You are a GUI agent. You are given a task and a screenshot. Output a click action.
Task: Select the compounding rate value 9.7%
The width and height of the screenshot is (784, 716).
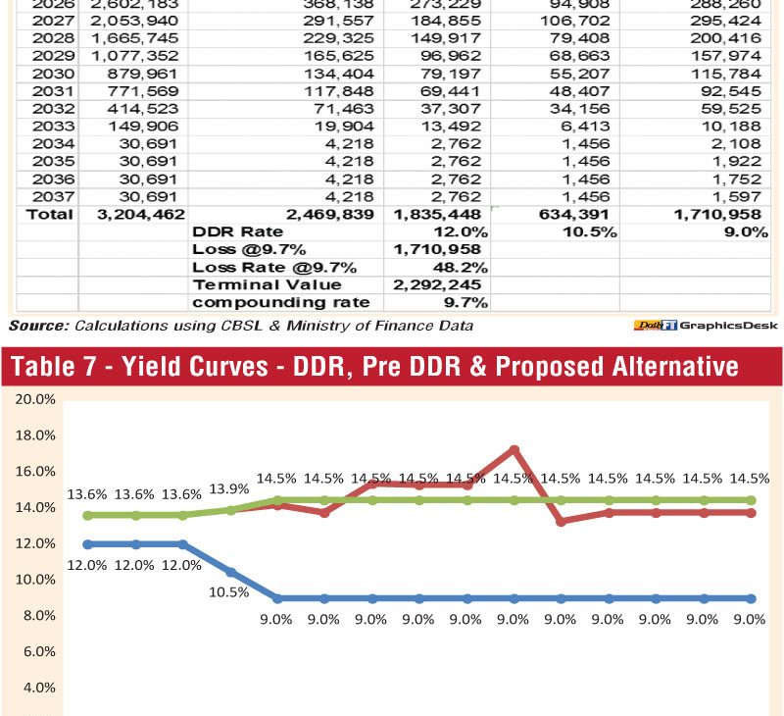click(x=467, y=302)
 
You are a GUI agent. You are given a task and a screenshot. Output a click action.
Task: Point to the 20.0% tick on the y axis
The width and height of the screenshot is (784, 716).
click(x=33, y=400)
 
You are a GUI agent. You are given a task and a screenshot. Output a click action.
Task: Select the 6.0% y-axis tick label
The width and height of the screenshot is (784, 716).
click(x=37, y=651)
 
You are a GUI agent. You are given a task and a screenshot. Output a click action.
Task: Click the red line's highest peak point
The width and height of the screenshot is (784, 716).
click(x=514, y=449)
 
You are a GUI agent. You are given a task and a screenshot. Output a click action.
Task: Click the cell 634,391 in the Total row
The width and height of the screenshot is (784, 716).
click(x=578, y=214)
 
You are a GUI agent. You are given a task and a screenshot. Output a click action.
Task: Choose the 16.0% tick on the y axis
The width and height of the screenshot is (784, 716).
click(x=33, y=472)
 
